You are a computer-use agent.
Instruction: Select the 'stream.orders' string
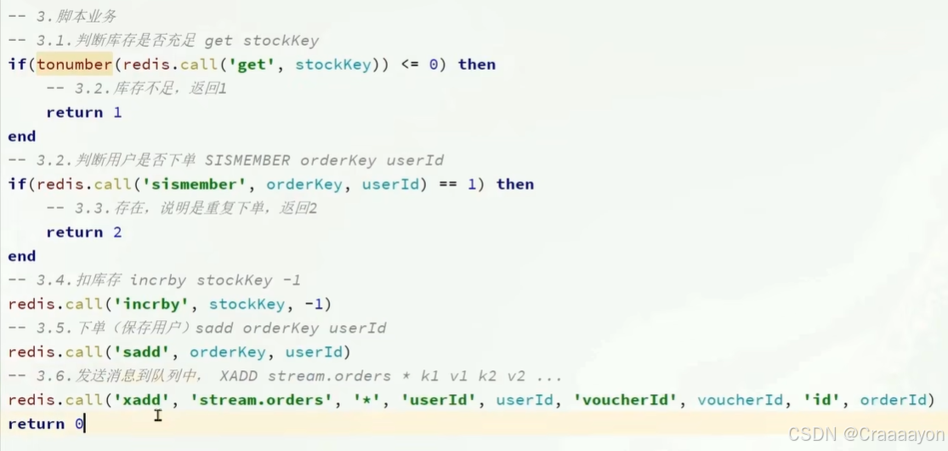point(252,400)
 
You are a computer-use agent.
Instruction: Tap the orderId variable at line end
point(893,400)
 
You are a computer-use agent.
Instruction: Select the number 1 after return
point(117,112)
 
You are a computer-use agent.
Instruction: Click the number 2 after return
point(117,232)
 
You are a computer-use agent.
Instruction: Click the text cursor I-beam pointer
point(158,415)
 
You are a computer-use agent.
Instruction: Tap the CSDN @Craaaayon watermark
point(865,434)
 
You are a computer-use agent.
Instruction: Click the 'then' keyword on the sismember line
point(515,185)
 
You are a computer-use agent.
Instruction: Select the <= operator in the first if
point(410,65)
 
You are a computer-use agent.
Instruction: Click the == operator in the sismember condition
point(448,185)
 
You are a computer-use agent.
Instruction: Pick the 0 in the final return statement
point(79,424)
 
